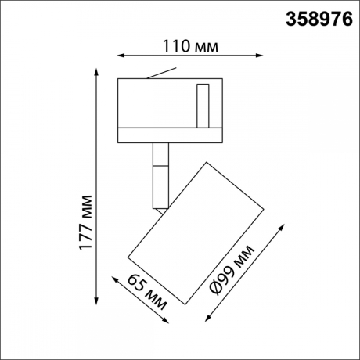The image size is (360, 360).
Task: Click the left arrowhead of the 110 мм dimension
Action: [x=120, y=55]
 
